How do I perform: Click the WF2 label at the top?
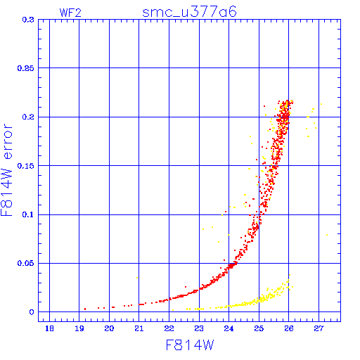pyautogui.click(x=70, y=13)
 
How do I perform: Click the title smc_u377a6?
pyautogui.click(x=189, y=12)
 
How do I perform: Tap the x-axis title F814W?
pyautogui.click(x=190, y=345)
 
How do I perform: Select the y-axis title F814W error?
pyautogui.click(x=6, y=170)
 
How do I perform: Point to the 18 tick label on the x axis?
pyautogui.click(x=49, y=328)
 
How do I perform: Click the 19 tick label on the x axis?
pyautogui.click(x=79, y=328)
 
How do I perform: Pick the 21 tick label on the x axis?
pyautogui.click(x=139, y=328)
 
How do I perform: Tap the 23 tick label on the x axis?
pyautogui.click(x=199, y=328)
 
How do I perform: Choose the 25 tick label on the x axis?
pyautogui.click(x=259, y=328)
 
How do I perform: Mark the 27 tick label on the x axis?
pyautogui.click(x=319, y=328)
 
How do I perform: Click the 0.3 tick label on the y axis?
pyautogui.click(x=28, y=20)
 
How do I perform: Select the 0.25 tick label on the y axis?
pyautogui.click(x=26, y=68)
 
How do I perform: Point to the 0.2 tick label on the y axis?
pyautogui.click(x=28, y=117)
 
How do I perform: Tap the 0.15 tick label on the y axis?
pyautogui.click(x=26, y=166)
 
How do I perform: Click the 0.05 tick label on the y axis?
pyautogui.click(x=26, y=263)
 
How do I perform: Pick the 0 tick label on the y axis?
pyautogui.click(x=32, y=312)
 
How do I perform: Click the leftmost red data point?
pyautogui.click(x=85, y=309)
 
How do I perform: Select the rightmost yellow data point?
pyautogui.click(x=327, y=235)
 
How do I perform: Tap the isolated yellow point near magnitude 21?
pyautogui.click(x=137, y=278)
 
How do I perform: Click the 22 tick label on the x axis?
pyautogui.click(x=169, y=328)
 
